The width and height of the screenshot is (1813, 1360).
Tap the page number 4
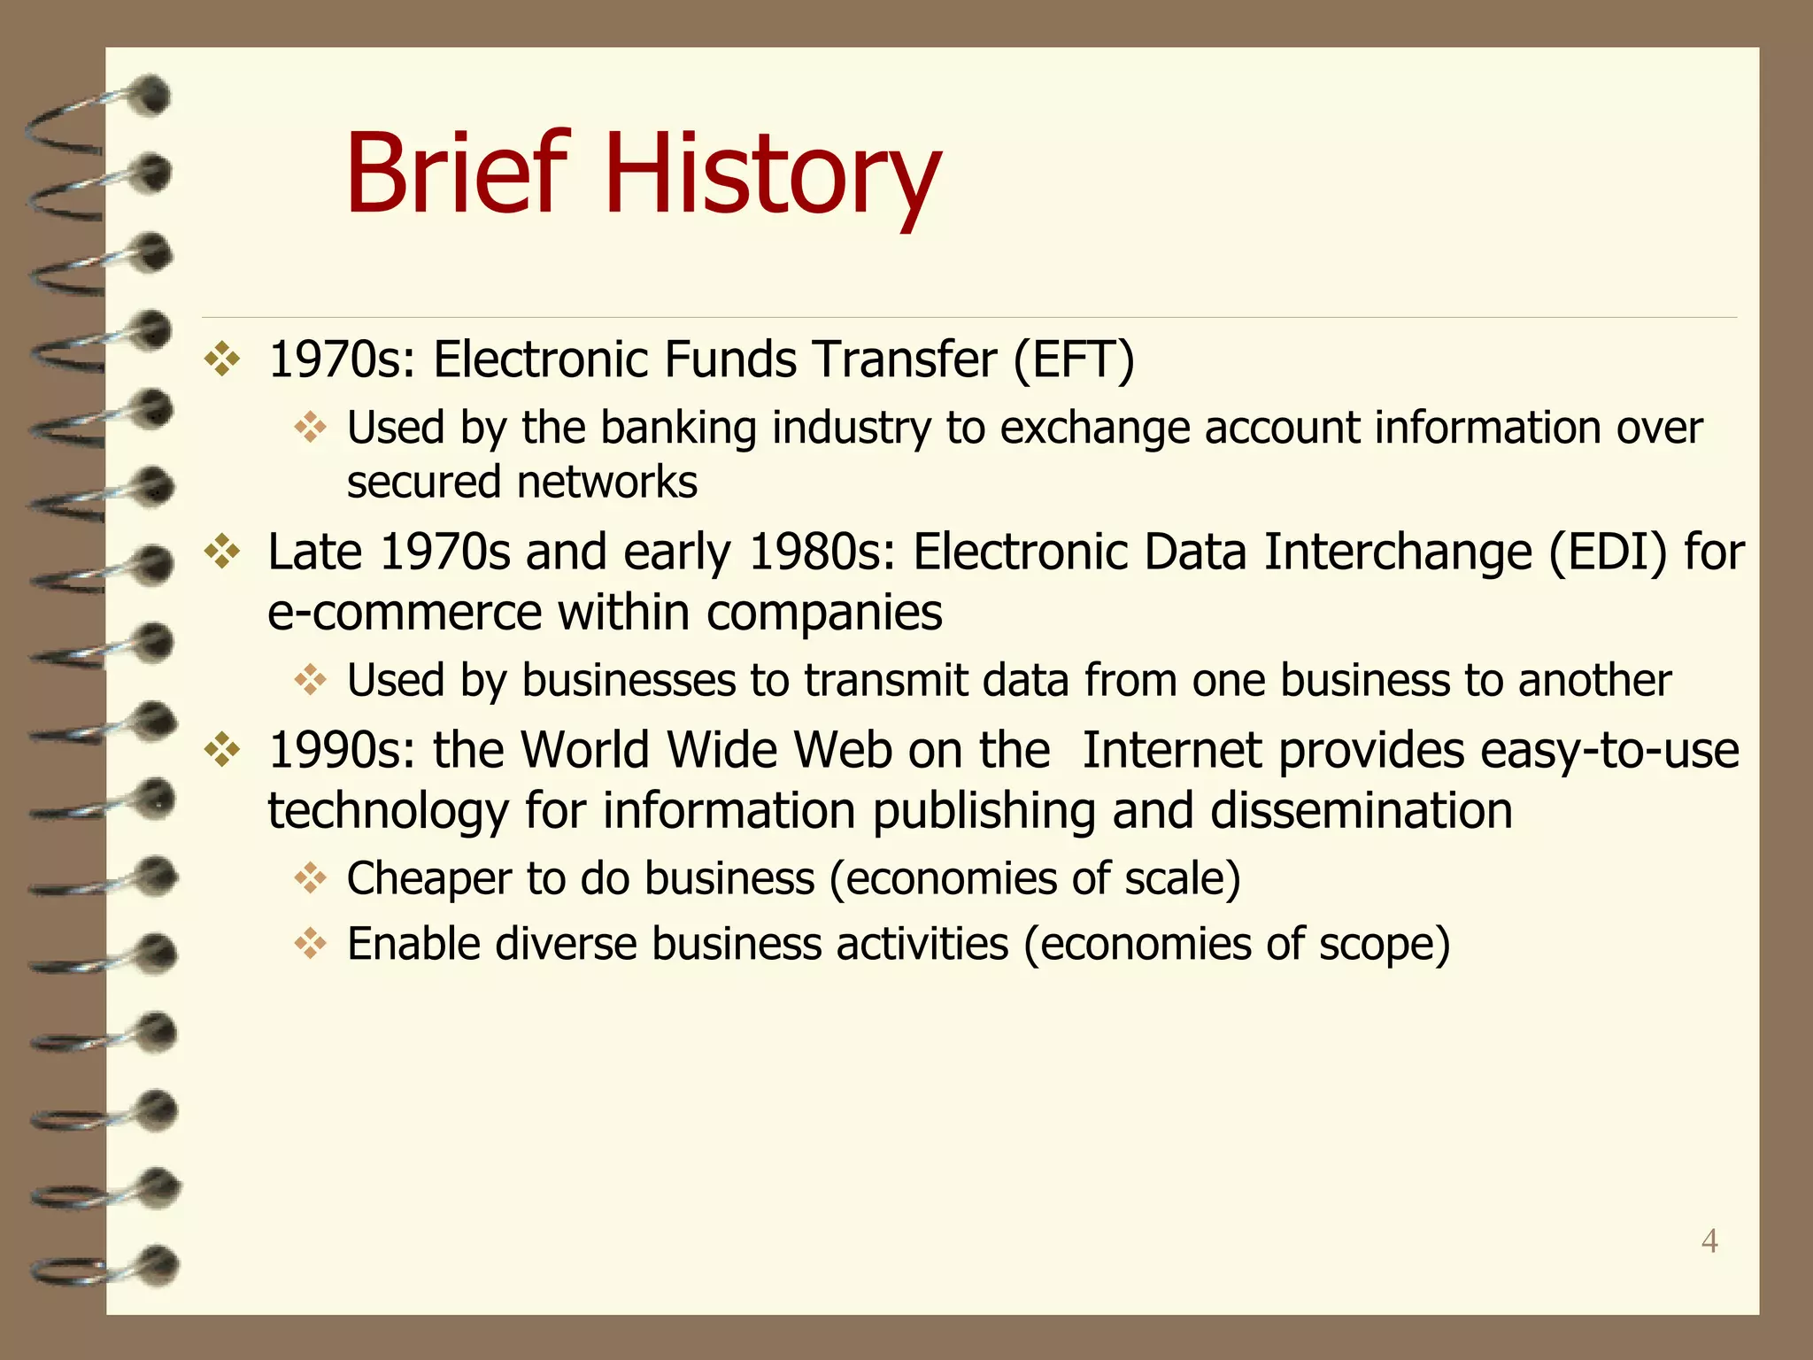(x=1709, y=1240)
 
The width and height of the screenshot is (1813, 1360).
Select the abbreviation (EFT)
(x=1073, y=360)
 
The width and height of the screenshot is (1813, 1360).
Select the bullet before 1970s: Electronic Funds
(x=222, y=359)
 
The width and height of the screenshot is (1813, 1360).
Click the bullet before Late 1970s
(x=222, y=552)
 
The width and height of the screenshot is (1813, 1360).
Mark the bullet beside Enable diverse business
(x=311, y=943)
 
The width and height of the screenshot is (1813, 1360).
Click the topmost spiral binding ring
(x=97, y=111)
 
